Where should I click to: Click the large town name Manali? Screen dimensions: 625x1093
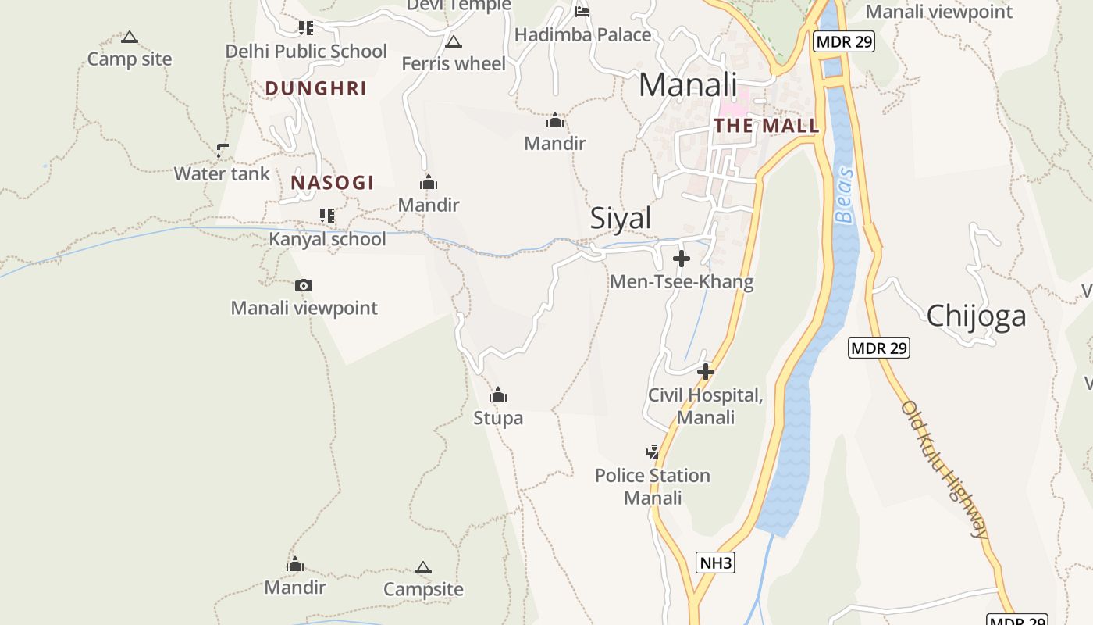click(x=687, y=84)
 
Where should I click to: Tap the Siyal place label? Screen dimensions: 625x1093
click(x=621, y=218)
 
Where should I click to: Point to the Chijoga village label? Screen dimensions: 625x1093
click(x=976, y=316)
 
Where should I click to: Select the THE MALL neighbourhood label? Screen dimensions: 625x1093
click(x=767, y=126)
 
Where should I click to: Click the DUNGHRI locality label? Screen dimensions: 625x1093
click(x=315, y=88)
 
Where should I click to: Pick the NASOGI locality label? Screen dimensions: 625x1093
click(x=333, y=183)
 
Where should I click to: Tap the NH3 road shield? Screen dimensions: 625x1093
click(x=715, y=562)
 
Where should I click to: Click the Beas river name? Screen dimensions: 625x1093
click(x=844, y=195)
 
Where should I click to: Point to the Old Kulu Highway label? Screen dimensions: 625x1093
click(x=945, y=469)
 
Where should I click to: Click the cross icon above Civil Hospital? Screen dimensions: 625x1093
click(x=706, y=372)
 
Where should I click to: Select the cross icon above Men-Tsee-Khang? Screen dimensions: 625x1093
click(x=682, y=258)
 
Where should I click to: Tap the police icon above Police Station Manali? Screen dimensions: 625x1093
click(x=652, y=452)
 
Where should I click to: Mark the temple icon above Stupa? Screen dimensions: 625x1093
click(x=498, y=395)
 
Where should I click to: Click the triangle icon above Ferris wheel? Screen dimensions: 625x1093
click(x=453, y=41)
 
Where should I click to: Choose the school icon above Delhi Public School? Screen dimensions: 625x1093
click(x=305, y=28)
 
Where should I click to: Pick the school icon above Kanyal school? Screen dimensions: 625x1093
click(x=327, y=215)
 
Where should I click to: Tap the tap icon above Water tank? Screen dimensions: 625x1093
click(x=223, y=150)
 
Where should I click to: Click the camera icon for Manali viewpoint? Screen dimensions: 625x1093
click(x=304, y=285)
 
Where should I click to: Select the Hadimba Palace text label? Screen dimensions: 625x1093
click(x=582, y=35)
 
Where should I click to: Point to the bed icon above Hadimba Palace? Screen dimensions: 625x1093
click(x=582, y=11)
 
